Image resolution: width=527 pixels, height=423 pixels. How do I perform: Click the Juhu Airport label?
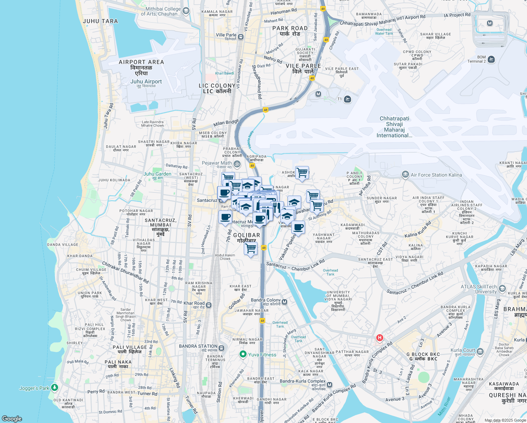click(146, 81)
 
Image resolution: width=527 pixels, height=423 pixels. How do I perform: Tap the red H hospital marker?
click(379, 338)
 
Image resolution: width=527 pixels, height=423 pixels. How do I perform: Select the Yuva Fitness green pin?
click(243, 354)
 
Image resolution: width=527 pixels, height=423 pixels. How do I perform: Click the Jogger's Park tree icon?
click(54, 388)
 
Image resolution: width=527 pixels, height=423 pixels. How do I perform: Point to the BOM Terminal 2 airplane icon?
click(491, 59)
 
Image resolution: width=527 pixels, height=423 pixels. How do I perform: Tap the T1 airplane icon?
click(347, 99)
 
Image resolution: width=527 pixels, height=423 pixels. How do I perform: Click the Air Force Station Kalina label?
click(436, 175)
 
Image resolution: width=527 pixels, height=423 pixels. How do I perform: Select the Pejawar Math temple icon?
click(237, 164)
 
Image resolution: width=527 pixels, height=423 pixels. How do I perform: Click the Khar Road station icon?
click(209, 305)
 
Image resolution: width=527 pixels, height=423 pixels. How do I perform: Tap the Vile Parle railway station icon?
click(241, 37)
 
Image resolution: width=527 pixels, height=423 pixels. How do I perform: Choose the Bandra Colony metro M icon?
click(285, 302)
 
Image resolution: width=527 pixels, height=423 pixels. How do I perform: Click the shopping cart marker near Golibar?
click(251, 249)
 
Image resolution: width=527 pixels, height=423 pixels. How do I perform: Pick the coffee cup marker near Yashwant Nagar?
click(298, 227)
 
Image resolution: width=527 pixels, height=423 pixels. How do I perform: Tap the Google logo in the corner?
click(12, 418)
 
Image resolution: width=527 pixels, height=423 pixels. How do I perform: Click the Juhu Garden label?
click(157, 174)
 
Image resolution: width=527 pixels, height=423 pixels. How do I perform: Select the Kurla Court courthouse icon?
click(480, 351)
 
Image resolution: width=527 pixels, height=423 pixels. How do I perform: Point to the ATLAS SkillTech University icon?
click(502, 289)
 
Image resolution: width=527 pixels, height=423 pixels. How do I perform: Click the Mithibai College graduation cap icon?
click(186, 11)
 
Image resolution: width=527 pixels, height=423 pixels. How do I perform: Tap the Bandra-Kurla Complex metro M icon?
click(330, 385)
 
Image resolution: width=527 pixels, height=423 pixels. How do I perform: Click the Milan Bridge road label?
click(226, 123)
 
